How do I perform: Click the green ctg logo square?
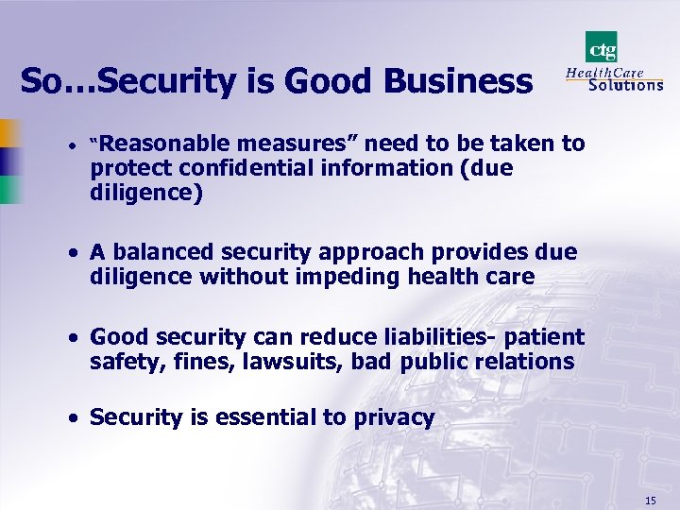601,46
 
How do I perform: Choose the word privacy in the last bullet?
395,417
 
